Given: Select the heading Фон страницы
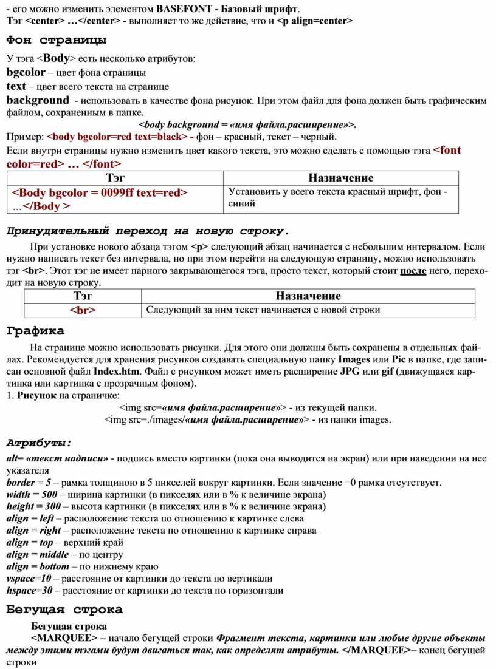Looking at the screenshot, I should tap(57, 41).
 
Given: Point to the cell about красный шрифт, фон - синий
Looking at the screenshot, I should tap(338, 198).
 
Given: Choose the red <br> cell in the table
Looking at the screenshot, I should tap(82, 310).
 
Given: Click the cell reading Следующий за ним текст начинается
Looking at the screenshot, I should tap(263, 310).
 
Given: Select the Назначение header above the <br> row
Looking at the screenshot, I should tap(308, 296).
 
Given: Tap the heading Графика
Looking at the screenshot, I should tap(35, 331).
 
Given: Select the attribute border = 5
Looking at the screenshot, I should tap(29, 483).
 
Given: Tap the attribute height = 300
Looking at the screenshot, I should tap(33, 506).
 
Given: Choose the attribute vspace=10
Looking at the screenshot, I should tap(29, 578).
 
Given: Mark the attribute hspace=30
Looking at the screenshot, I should tap(29, 590).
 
